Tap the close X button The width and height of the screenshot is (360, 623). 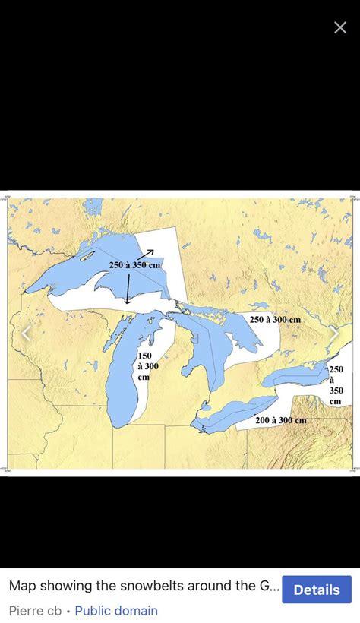click(340, 27)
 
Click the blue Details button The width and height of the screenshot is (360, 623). click(317, 590)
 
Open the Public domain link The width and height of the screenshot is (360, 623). click(116, 610)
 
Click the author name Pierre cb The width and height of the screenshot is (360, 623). click(35, 610)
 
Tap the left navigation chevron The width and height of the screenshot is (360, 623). click(27, 333)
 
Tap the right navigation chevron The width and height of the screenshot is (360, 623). click(333, 333)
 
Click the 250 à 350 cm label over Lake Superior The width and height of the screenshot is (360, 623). click(134, 264)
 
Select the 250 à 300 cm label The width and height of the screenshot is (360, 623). click(275, 320)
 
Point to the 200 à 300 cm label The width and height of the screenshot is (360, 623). click(280, 420)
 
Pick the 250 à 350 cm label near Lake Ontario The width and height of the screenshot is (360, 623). click(336, 385)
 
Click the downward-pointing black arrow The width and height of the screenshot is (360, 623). click(128, 290)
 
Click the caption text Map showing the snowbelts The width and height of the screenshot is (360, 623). click(144, 587)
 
